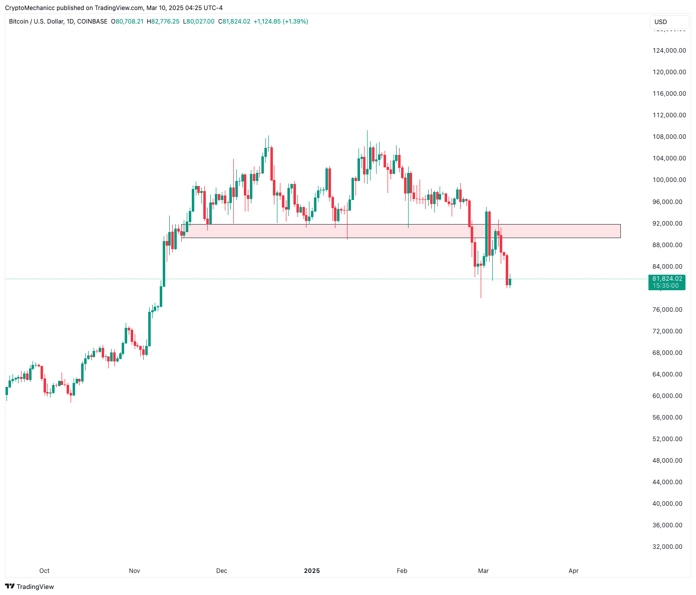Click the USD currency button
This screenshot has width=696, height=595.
tap(661, 22)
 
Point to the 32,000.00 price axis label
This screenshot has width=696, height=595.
tap(667, 547)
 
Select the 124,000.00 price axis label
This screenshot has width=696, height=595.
tap(669, 50)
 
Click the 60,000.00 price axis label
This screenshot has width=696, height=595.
tap(667, 396)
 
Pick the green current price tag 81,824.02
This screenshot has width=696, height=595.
tap(667, 279)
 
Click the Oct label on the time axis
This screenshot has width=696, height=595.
tap(45, 570)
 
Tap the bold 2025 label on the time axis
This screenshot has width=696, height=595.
tap(312, 570)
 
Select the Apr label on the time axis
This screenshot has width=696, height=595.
tap(574, 570)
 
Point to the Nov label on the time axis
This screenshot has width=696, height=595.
tap(134, 570)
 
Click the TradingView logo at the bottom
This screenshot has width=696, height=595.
tap(30, 586)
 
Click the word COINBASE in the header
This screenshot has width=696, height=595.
tap(92, 22)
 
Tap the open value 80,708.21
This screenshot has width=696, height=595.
tap(129, 22)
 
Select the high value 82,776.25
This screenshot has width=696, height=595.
tap(165, 22)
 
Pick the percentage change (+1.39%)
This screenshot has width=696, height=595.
tap(295, 22)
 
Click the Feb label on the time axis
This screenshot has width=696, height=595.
tap(402, 570)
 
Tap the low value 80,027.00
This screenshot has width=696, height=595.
tap(200, 22)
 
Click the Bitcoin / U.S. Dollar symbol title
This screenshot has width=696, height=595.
tap(36, 22)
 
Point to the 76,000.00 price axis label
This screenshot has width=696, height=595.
tap(667, 310)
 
